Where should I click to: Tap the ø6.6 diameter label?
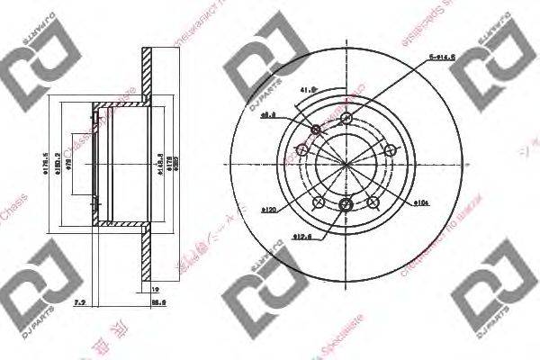[267, 115]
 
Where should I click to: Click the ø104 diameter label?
[420, 203]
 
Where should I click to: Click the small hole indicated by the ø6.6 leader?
[315, 131]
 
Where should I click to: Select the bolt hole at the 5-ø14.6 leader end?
[346, 116]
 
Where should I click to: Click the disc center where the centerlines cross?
[346, 162]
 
